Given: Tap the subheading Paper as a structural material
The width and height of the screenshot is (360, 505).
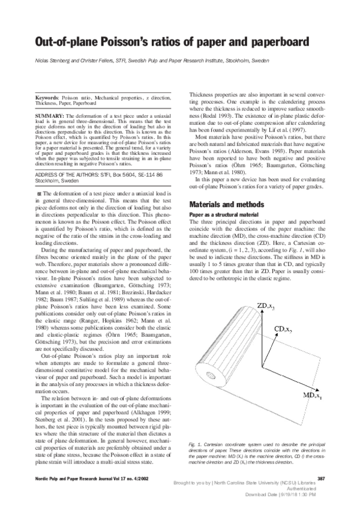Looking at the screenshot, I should [x=224, y=214].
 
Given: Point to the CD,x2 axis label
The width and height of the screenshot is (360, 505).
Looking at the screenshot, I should [x=285, y=330].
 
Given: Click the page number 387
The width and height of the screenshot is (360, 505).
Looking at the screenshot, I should [x=320, y=477].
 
